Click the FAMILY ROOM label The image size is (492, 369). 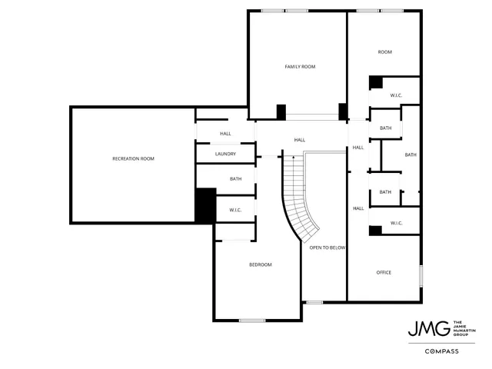300,67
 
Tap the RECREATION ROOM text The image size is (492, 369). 133,158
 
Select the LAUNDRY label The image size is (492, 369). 225,154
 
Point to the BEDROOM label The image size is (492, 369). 260,264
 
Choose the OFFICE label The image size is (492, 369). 384,272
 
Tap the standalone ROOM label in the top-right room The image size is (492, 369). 384,52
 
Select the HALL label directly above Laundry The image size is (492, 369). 225,134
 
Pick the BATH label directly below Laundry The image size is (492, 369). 235,179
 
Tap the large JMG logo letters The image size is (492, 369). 428,328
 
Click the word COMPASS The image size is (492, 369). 442,351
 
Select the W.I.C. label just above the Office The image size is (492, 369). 397,223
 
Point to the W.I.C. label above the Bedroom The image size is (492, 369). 235,210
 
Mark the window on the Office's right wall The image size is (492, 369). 421,275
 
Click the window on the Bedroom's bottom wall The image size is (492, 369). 251,320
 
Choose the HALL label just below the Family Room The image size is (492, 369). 300,140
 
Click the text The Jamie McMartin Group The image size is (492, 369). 465,328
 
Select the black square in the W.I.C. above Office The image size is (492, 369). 376,230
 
